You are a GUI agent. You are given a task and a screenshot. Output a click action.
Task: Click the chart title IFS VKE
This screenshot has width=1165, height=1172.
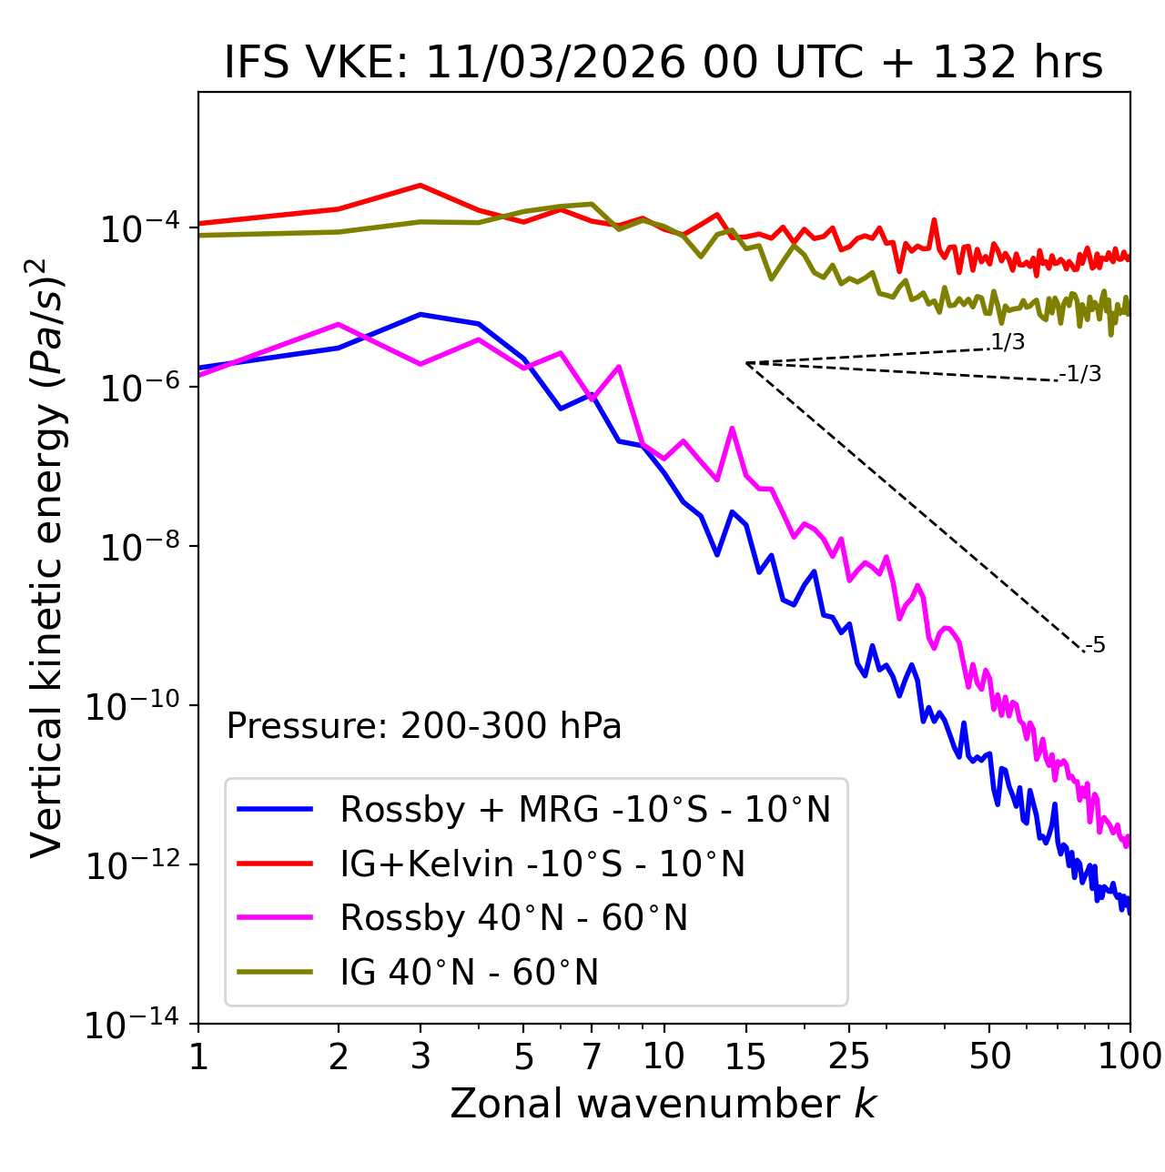coord(663,63)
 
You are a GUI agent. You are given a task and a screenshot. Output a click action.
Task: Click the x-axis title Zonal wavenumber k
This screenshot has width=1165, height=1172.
coord(663,1104)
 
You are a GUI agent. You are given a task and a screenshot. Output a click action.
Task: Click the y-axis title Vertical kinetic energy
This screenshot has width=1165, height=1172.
coord(47,557)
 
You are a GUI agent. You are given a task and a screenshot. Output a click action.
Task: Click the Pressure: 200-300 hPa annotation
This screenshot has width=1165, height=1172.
coord(424,726)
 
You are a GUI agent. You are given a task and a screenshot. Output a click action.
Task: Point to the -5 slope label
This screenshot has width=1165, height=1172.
coord(1095,646)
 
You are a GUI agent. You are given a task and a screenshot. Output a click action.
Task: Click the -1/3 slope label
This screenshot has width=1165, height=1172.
coord(1080,374)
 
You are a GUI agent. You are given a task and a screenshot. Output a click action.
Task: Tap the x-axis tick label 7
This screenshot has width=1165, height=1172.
coord(592,1056)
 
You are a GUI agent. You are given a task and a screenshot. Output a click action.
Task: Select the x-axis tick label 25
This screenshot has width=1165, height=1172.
coord(849,1056)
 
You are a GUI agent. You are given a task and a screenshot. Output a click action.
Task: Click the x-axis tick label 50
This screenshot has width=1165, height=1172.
coord(989,1056)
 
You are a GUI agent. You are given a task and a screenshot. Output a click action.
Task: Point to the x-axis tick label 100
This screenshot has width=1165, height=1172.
coord(1130,1056)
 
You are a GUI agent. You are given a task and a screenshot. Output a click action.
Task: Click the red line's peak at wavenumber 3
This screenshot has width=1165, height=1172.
coord(420,185)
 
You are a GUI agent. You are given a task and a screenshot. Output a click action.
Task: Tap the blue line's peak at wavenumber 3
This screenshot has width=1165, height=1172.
coord(420,314)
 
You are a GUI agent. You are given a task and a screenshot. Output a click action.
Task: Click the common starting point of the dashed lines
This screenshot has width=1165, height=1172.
coord(746,363)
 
